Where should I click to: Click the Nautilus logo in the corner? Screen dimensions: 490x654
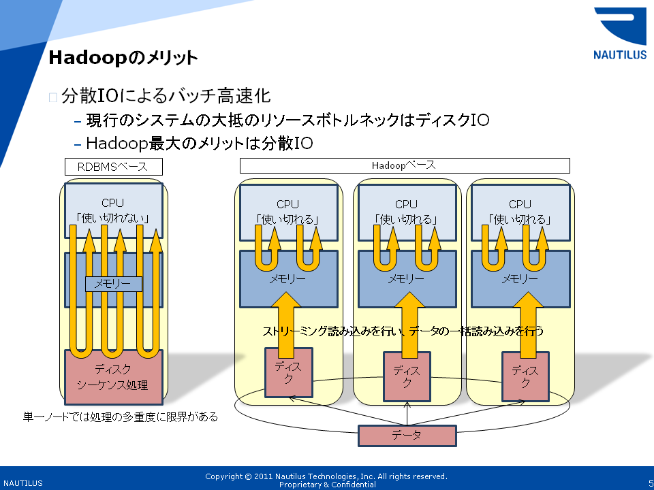point(620,34)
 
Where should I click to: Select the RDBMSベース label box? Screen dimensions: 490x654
point(112,167)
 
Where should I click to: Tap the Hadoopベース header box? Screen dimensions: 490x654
point(404,165)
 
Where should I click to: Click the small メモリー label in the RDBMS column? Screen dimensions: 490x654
point(113,284)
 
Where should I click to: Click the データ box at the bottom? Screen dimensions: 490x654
point(407,436)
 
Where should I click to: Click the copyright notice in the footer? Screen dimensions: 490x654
point(327,480)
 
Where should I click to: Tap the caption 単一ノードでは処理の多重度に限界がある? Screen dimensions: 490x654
point(121,416)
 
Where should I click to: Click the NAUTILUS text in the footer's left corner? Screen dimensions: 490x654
point(22,483)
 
